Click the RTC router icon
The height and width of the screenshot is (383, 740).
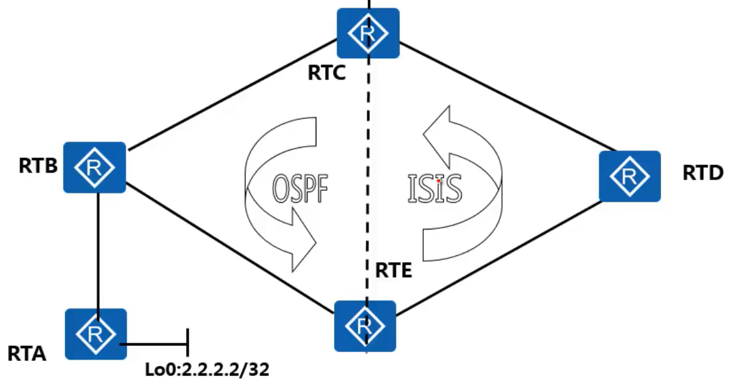368,33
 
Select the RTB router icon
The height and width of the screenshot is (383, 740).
95,167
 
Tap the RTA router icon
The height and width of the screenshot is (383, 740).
96,334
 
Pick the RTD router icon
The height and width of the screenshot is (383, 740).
630,176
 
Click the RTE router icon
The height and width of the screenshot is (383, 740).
365,326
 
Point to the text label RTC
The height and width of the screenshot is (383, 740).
326,73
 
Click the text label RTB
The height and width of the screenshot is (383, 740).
38,166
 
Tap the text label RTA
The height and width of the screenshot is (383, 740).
27,353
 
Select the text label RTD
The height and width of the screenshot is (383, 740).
703,172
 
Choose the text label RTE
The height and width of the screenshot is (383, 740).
393,271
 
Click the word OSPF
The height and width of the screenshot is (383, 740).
301,188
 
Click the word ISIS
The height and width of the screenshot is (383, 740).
434,188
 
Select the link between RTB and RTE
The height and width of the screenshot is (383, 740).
230,245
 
